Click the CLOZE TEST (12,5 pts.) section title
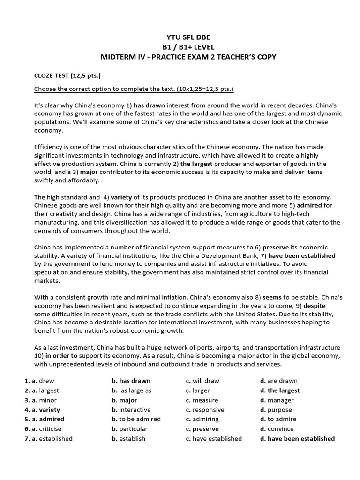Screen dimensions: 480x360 [x=67, y=75]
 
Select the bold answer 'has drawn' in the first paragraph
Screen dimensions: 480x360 [x=149, y=105]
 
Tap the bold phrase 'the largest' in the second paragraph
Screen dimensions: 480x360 [x=196, y=164]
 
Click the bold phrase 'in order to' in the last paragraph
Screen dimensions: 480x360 [x=61, y=356]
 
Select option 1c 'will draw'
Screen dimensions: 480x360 [x=206, y=381]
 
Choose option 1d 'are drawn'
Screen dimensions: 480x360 [x=282, y=381]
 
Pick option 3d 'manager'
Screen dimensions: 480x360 [x=280, y=400]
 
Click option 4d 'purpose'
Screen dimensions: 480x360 [x=279, y=410]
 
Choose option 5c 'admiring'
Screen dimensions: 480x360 [x=205, y=419]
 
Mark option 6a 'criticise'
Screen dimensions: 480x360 [x=50, y=429]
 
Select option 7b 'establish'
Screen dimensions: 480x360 [x=132, y=439]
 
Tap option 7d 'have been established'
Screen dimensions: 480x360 [x=301, y=439]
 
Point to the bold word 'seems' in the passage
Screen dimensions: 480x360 [x=272, y=297]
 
